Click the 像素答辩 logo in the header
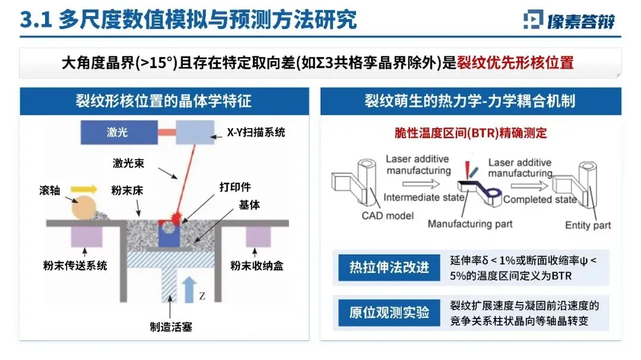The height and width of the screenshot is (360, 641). [569, 21]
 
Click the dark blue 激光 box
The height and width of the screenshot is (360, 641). [117, 132]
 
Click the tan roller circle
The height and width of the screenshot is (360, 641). [87, 208]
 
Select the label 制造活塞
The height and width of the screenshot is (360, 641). [171, 326]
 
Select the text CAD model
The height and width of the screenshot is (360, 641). [388, 216]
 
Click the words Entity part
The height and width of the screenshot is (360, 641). [588, 225]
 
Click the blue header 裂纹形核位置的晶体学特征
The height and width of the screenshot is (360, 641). [163, 101]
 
